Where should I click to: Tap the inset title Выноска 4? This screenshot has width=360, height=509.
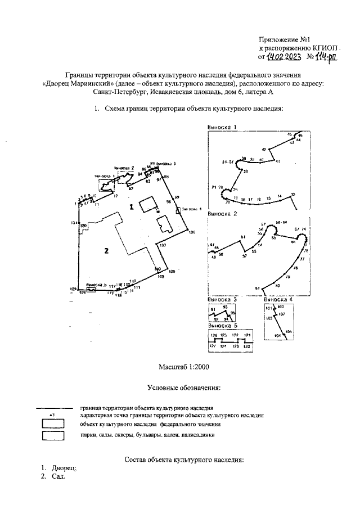(278, 300)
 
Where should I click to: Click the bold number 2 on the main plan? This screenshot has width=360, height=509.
(105, 251)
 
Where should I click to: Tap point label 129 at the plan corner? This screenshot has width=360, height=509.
(73, 288)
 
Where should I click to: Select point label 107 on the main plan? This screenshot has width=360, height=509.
(163, 246)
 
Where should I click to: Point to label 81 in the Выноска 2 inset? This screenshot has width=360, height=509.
(257, 288)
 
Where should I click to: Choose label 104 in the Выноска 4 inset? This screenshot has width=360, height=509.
(277, 335)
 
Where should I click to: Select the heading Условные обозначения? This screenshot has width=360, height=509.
(183, 388)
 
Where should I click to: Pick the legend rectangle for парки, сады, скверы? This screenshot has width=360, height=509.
(54, 435)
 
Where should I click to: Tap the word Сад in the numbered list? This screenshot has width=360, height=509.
(58, 477)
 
